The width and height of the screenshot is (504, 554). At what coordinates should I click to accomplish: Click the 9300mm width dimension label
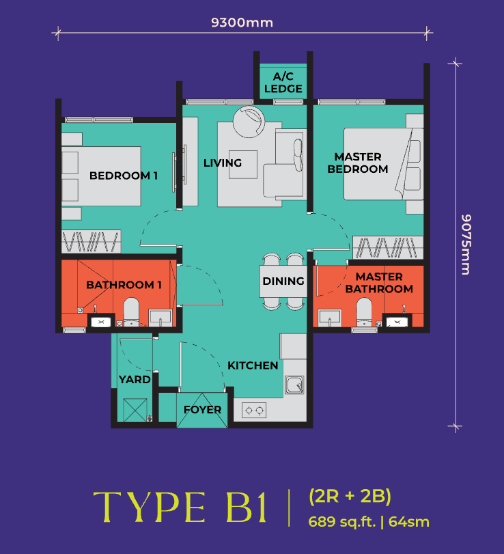(242, 23)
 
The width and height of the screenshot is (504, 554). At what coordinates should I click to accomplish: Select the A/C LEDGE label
(283, 82)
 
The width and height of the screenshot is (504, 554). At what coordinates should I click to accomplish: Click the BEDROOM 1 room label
(124, 176)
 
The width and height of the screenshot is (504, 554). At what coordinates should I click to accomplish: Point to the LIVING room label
(223, 163)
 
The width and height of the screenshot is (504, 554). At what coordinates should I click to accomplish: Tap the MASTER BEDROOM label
(358, 163)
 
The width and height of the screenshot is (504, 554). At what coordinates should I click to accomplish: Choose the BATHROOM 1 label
(124, 284)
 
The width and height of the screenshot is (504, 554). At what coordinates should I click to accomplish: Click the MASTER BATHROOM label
(379, 283)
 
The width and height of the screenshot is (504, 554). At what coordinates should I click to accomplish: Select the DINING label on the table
(283, 281)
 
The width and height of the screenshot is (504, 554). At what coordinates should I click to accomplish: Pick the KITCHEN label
(253, 365)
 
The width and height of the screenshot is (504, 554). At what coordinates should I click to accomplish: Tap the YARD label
(135, 379)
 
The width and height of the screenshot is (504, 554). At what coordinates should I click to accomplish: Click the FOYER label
(202, 410)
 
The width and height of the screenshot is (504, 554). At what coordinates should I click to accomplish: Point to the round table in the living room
(247, 120)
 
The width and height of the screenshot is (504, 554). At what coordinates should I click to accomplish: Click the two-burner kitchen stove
(255, 411)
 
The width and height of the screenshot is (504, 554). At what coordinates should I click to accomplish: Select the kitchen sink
(294, 385)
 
